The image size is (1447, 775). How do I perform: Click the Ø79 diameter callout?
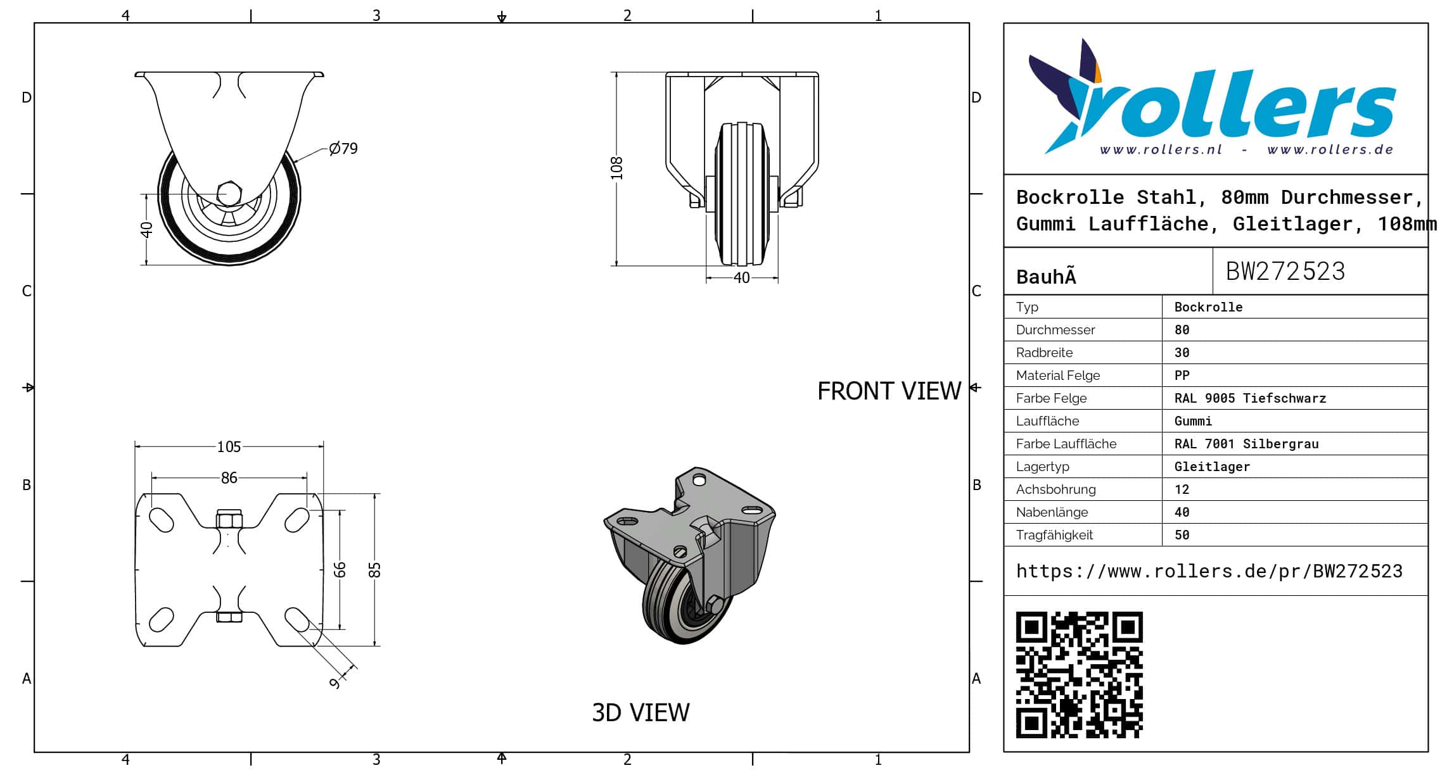pyautogui.click(x=343, y=148)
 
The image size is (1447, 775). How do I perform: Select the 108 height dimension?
pyautogui.click(x=616, y=168)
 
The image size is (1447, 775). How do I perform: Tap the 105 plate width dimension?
pyautogui.click(x=229, y=447)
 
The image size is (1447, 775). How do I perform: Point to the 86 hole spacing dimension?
pyautogui.click(x=229, y=478)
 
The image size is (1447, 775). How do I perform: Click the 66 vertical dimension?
pyautogui.click(x=340, y=570)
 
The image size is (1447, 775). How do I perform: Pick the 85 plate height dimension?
pyautogui.click(x=375, y=570)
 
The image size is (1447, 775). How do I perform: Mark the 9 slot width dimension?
pyautogui.click(x=335, y=683)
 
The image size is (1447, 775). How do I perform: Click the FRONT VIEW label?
pyautogui.click(x=889, y=391)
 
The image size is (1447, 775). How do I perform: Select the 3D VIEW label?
pyautogui.click(x=641, y=713)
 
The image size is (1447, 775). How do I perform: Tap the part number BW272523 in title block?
pyautogui.click(x=1285, y=271)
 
